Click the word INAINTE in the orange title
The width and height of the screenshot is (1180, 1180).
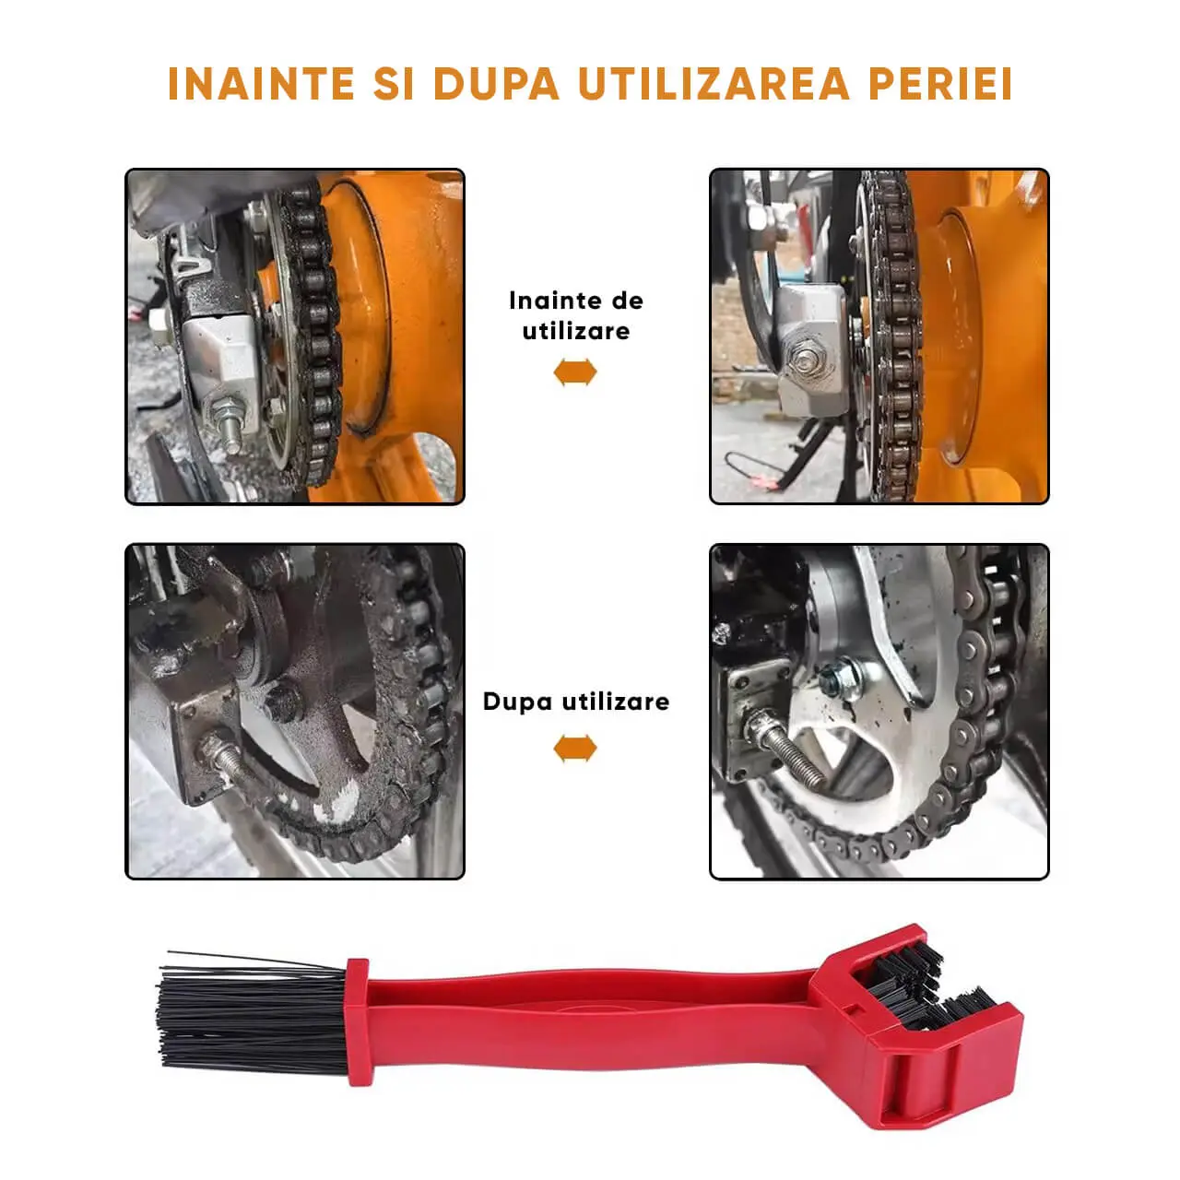(x=261, y=83)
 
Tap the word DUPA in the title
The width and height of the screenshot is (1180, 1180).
(x=496, y=83)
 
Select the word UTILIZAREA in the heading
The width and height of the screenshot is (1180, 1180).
(x=714, y=83)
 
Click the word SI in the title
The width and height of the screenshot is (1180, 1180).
(x=394, y=83)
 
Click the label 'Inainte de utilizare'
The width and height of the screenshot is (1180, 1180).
(x=576, y=316)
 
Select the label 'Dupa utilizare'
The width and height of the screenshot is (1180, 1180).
(x=576, y=702)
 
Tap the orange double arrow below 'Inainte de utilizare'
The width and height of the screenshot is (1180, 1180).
(x=575, y=372)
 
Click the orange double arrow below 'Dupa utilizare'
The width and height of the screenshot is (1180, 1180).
(x=575, y=749)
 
